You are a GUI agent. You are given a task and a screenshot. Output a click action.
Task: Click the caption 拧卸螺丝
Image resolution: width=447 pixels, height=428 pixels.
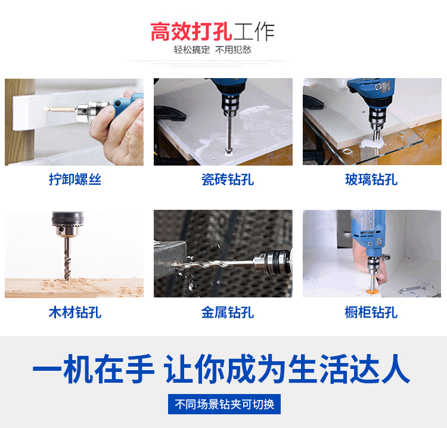click(75, 179)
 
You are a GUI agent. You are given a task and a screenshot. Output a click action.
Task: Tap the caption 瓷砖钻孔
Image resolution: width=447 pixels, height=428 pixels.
click(228, 179)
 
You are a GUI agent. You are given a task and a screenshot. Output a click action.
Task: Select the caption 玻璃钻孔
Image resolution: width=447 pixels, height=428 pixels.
click(371, 179)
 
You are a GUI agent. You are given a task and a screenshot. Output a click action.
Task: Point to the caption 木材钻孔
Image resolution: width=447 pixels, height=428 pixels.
click(75, 312)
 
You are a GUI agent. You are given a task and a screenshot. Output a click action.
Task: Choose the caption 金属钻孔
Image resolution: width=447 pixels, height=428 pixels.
click(228, 312)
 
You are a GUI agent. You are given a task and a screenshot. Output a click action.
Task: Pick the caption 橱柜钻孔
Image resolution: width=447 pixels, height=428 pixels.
click(371, 312)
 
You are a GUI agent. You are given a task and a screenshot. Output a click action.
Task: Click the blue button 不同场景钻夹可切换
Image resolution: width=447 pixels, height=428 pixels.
click(224, 404)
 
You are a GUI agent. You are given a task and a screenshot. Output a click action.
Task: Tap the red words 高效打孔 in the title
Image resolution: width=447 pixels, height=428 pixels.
click(191, 32)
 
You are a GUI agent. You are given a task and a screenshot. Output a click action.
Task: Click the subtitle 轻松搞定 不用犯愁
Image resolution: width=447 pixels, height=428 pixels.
click(213, 50)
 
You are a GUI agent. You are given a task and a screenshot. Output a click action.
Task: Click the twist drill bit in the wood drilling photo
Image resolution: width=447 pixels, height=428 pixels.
click(67, 259)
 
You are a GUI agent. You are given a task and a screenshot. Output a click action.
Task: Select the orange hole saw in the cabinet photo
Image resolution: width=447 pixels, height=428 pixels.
click(372, 292)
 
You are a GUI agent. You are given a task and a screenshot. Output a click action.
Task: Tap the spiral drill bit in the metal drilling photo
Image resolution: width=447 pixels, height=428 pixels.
click(214, 264)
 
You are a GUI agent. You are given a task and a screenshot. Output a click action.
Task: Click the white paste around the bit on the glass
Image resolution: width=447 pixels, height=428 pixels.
click(371, 144)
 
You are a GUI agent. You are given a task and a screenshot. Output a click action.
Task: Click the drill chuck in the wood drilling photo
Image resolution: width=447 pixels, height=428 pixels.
click(67, 224)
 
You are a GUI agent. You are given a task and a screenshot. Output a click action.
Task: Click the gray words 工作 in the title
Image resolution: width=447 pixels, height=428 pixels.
click(254, 32)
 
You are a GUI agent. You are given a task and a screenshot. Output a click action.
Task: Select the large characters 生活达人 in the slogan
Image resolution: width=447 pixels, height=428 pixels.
click(349, 369)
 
